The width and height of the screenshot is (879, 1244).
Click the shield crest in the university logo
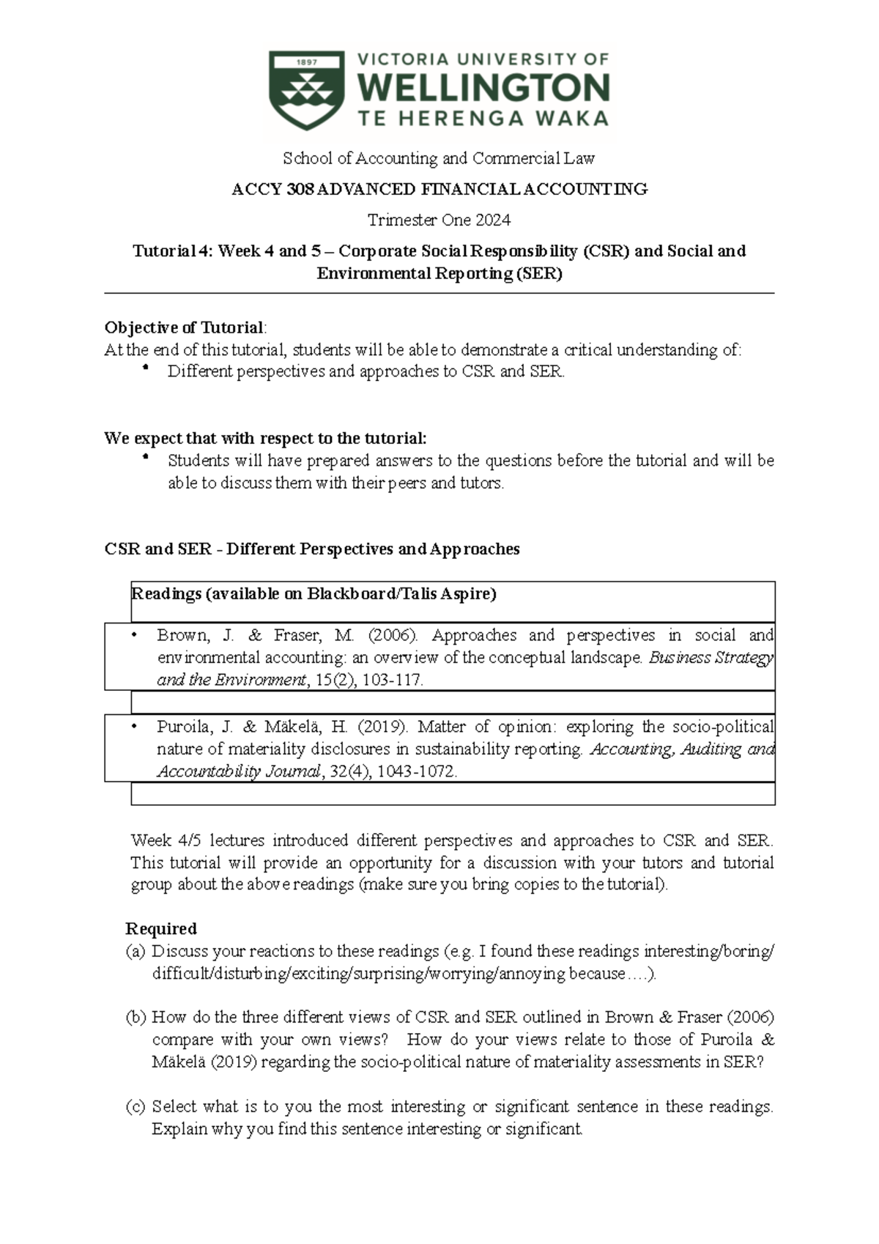click(x=306, y=90)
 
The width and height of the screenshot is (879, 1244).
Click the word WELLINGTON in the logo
click(x=483, y=89)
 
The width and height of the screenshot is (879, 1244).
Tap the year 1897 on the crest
click(x=306, y=62)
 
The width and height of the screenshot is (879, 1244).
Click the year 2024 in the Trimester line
click(x=492, y=221)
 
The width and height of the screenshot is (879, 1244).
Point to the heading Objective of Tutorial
click(x=185, y=327)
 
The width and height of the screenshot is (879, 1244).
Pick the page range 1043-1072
click(x=416, y=771)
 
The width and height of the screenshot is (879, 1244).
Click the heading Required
click(x=161, y=929)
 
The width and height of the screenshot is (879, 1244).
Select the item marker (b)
click(x=136, y=1017)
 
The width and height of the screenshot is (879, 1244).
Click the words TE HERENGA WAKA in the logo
click(x=483, y=119)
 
